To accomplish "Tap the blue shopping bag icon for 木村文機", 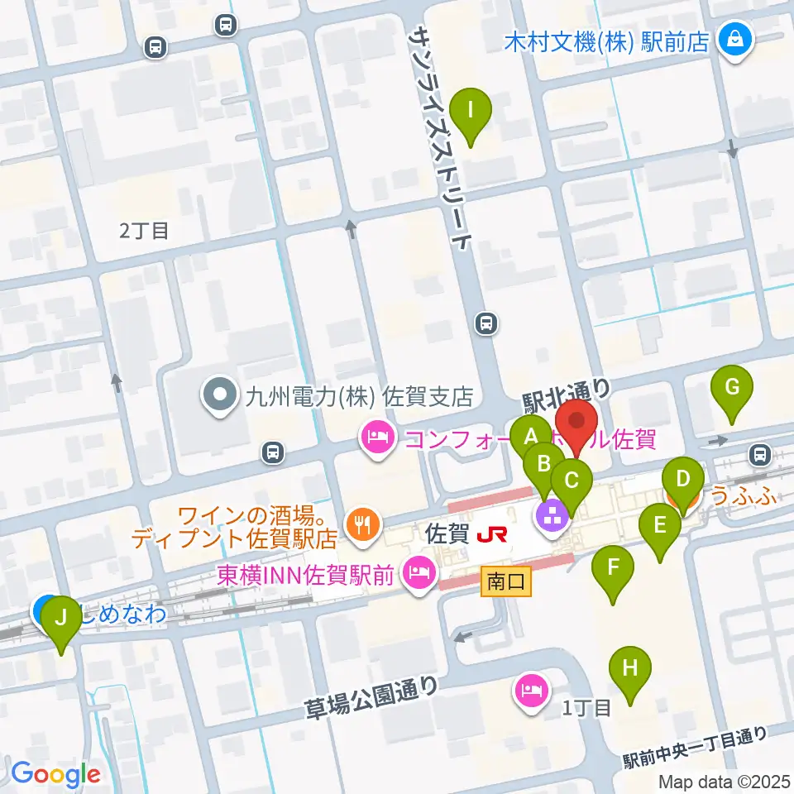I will point(732,38).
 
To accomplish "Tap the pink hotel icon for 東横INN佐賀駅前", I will point(420,574).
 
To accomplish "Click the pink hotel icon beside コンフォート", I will point(379,435).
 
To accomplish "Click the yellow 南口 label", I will point(505,582).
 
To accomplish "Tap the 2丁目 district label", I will point(144,231).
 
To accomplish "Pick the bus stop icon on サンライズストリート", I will point(487,323).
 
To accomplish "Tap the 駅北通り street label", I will point(567,396).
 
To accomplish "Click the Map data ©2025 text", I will point(724,781).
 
